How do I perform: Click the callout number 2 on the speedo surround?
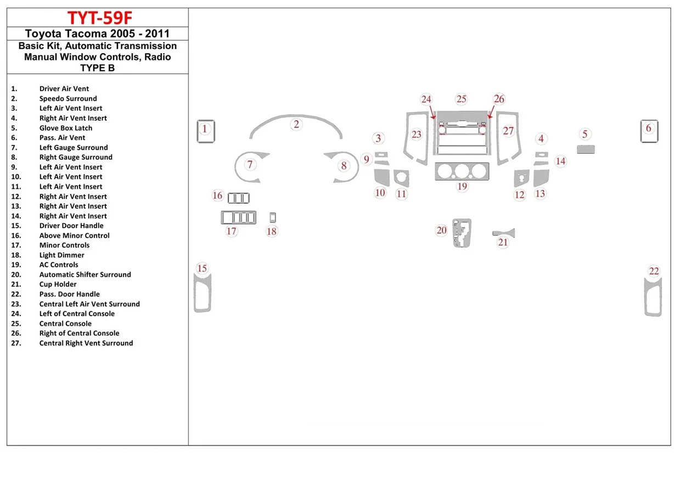[x=296, y=124]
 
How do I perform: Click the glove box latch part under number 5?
[x=586, y=149]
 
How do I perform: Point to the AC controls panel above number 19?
[x=462, y=172]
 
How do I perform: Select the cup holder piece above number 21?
[x=503, y=233]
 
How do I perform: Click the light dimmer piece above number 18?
[x=272, y=217]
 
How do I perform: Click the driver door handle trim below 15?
[x=202, y=294]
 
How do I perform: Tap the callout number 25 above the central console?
[x=461, y=99]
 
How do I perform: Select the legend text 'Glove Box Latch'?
[x=66, y=128]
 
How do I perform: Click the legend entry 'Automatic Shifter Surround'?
[x=85, y=274]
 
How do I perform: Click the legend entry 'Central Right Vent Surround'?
[x=86, y=343]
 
